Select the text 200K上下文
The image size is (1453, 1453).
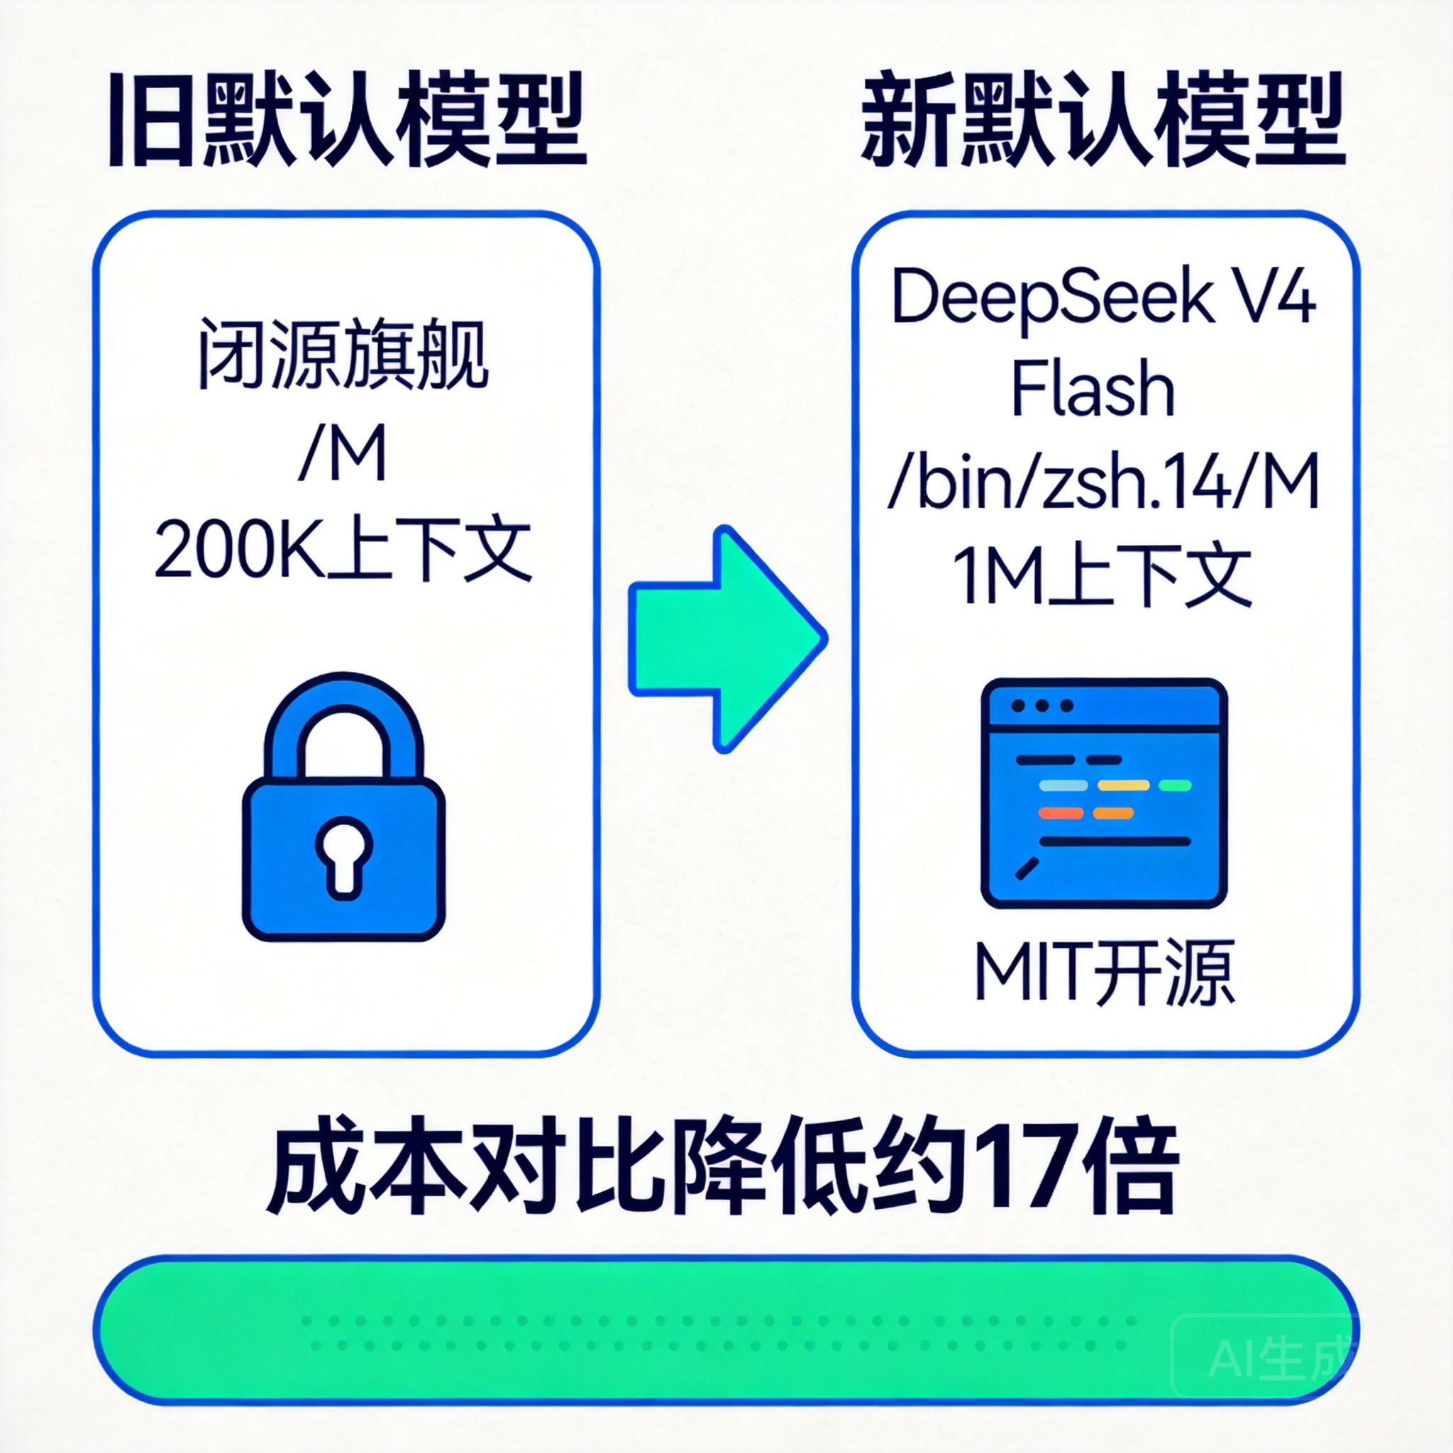click(x=344, y=551)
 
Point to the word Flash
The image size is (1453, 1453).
click(x=1092, y=390)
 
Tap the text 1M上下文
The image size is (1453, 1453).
click(x=1103, y=576)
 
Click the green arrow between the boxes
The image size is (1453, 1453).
click(x=726, y=639)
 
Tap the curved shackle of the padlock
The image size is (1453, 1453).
click(x=343, y=711)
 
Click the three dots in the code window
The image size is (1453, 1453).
click(x=1042, y=706)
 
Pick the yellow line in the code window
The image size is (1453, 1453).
click(x=1124, y=786)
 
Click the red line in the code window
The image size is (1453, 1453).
click(x=1061, y=813)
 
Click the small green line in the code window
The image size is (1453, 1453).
click(x=1175, y=786)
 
